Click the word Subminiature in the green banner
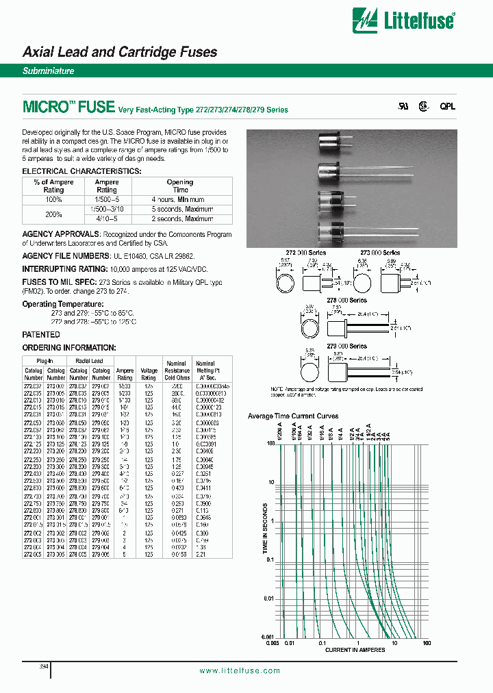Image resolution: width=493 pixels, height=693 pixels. (x=49, y=71)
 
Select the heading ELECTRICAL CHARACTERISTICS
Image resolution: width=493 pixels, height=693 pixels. (x=82, y=171)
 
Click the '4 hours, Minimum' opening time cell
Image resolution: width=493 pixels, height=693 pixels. (x=180, y=199)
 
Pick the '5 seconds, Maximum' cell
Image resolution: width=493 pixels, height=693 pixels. (x=180, y=209)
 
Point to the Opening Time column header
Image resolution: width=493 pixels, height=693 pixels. (x=180, y=186)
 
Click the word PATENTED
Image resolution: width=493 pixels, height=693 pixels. (x=41, y=334)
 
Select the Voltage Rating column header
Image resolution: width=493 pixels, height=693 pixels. (x=149, y=373)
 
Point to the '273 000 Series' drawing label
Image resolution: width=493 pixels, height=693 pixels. (x=380, y=253)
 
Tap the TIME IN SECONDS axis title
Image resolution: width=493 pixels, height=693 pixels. (x=265, y=538)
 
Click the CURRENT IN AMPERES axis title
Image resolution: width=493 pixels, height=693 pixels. (x=355, y=650)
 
